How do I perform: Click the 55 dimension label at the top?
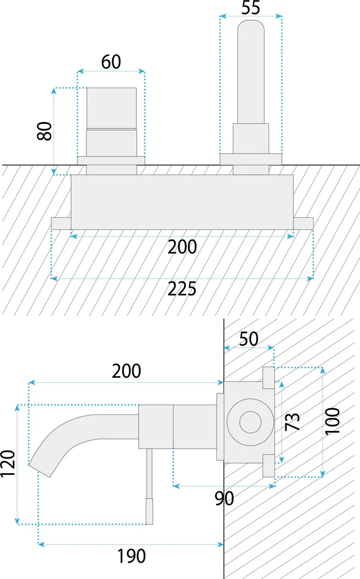click(251, 7)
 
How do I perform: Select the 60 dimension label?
click(111, 62)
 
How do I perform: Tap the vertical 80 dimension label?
click(45, 131)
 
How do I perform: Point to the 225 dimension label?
click(182, 289)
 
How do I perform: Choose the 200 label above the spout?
click(126, 371)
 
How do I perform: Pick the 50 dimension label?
click(249, 339)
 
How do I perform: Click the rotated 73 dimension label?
click(292, 421)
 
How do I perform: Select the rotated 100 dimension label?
click(332, 421)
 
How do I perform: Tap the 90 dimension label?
click(224, 499)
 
